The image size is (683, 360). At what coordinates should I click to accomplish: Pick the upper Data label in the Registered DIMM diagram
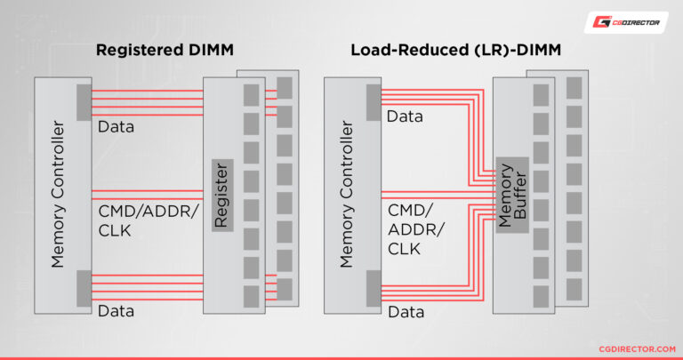tap(116, 127)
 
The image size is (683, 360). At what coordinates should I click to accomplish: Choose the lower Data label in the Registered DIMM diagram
tap(116, 310)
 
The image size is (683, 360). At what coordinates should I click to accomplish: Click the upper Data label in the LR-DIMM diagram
tap(405, 116)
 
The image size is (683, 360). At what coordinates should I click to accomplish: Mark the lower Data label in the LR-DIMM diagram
tap(405, 313)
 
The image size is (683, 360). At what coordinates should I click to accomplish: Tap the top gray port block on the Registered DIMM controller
tap(84, 102)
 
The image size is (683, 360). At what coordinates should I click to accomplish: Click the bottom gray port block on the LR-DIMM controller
tap(373, 288)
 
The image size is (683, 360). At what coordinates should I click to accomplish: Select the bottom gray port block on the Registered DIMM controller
tap(84, 288)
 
